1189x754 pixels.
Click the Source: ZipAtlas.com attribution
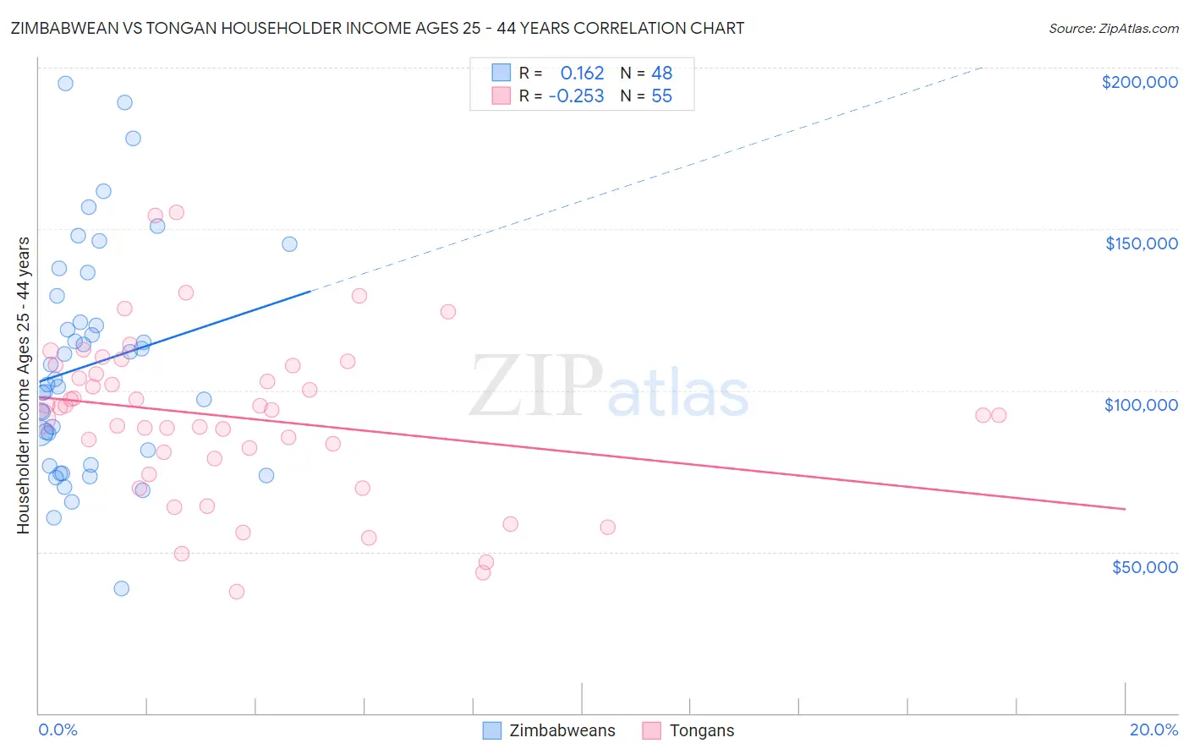1113,28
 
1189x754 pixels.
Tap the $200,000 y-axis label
1139,82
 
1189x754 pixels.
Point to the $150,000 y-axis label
1141,243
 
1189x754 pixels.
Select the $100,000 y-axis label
1141,405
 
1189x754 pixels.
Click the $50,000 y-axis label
1144,566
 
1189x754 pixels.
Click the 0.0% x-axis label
58,729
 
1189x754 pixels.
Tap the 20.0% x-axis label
1153,729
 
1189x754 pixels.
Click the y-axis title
23,385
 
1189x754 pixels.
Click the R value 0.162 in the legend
582,74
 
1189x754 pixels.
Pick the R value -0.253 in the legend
576,96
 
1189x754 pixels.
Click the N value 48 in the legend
661,74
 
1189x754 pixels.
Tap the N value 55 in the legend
661,96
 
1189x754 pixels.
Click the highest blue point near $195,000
65,84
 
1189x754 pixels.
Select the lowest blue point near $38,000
122,588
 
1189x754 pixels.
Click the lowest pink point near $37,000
237,592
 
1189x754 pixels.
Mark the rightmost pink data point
999,415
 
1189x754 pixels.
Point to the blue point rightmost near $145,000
289,244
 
